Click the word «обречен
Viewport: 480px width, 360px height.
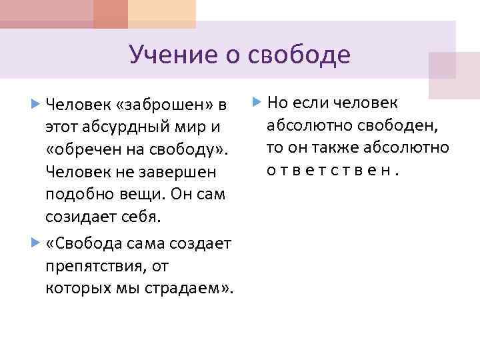[81, 149]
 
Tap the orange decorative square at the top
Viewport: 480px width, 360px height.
[111, 13]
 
